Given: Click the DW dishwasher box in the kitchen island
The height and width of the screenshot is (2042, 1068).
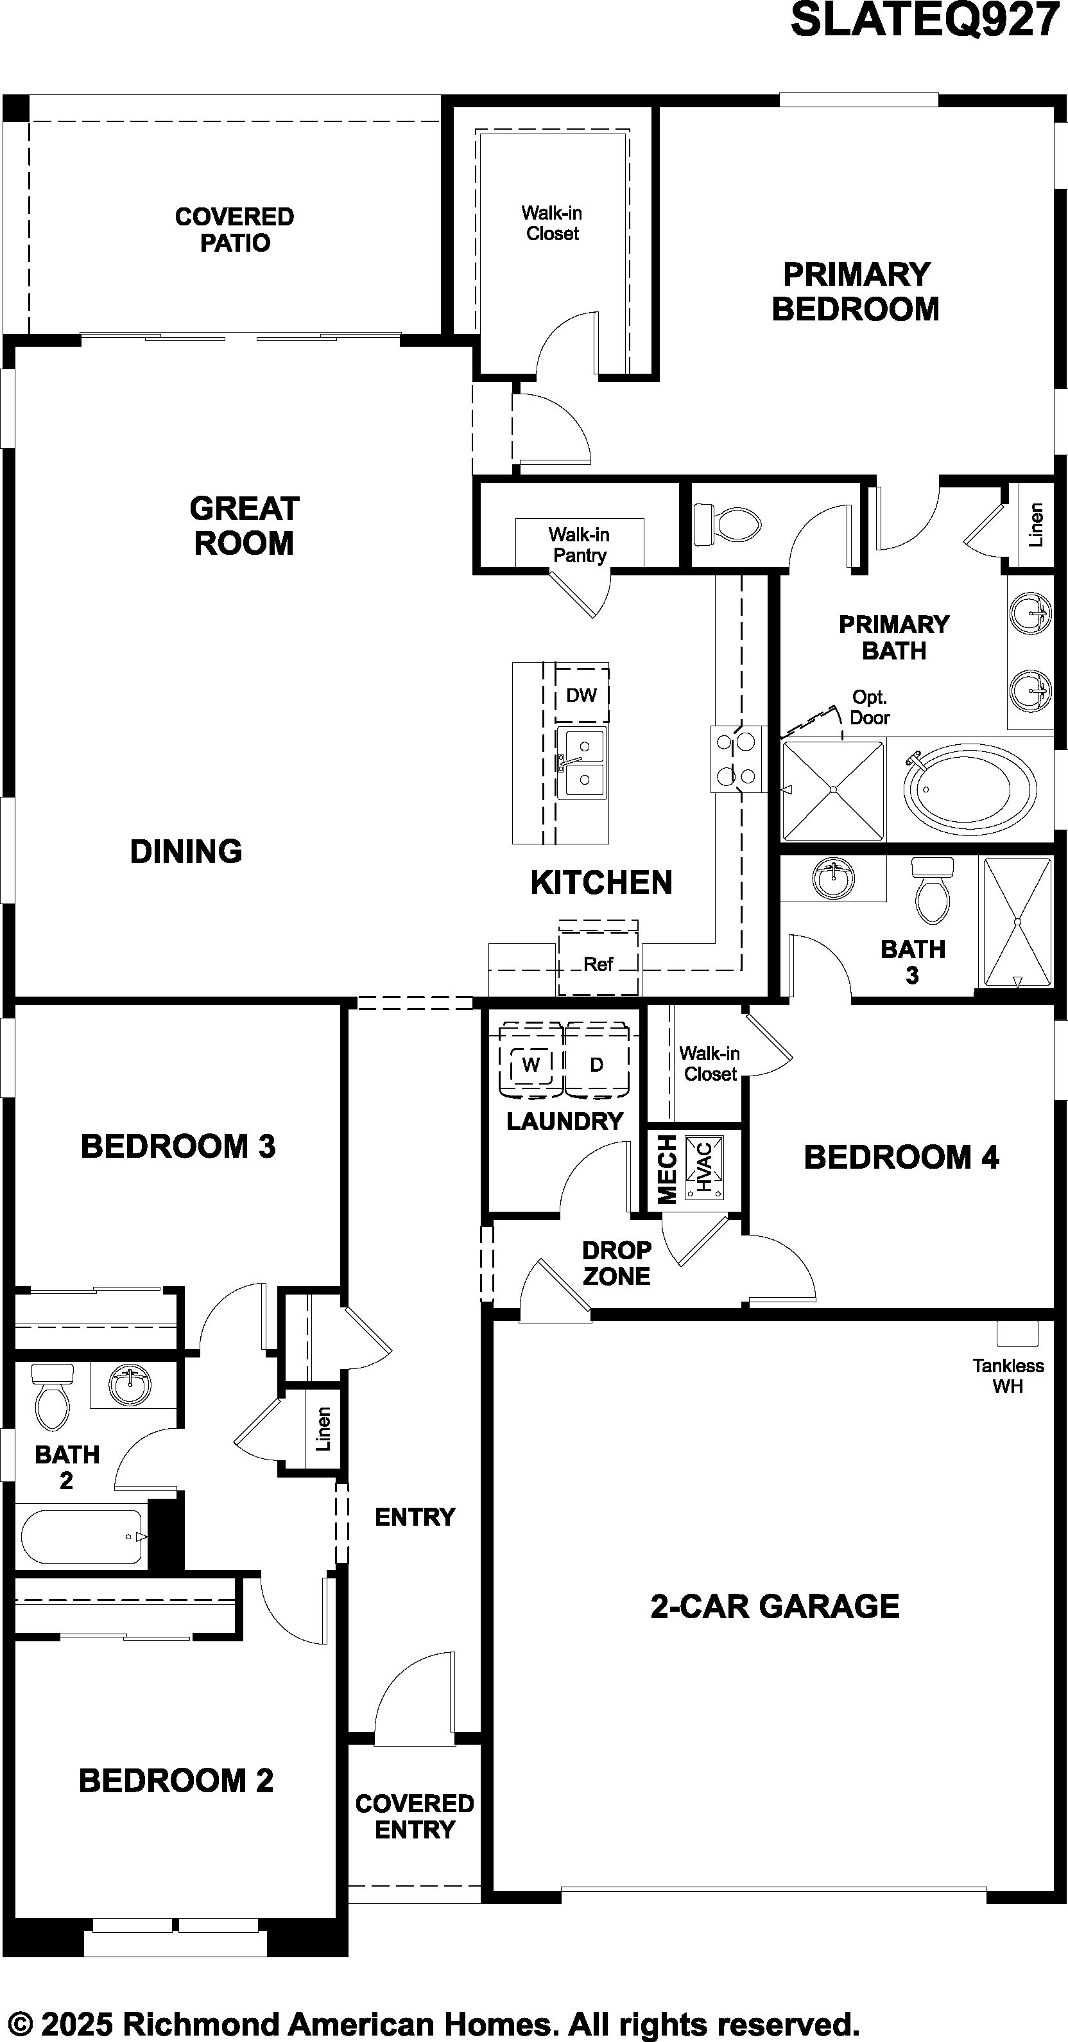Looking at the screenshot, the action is tap(581, 694).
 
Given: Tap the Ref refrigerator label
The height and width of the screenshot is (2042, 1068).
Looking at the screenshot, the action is tap(598, 964).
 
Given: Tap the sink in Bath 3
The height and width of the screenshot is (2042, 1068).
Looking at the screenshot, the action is tap(834, 878).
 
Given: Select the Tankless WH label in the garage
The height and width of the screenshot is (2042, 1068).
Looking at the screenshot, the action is tap(1008, 1375).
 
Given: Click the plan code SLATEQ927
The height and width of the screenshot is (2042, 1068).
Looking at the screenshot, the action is tap(925, 20).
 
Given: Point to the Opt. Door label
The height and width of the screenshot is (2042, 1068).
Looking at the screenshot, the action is tap(869, 707).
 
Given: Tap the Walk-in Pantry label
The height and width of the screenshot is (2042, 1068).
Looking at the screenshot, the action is tap(579, 545).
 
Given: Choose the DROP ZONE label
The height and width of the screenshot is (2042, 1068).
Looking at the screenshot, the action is tap(616, 1263).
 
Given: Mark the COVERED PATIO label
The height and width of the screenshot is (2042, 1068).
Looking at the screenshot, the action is tap(234, 229).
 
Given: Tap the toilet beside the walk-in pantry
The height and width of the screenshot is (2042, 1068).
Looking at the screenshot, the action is tap(727, 523).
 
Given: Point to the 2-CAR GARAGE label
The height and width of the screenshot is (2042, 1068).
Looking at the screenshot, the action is tap(775, 1606).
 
